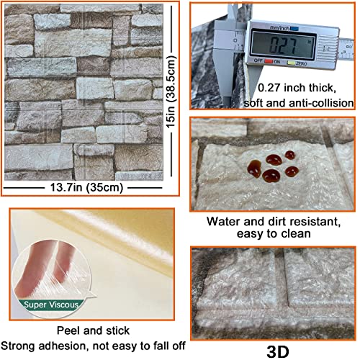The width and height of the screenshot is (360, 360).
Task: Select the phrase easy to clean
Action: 272,234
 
